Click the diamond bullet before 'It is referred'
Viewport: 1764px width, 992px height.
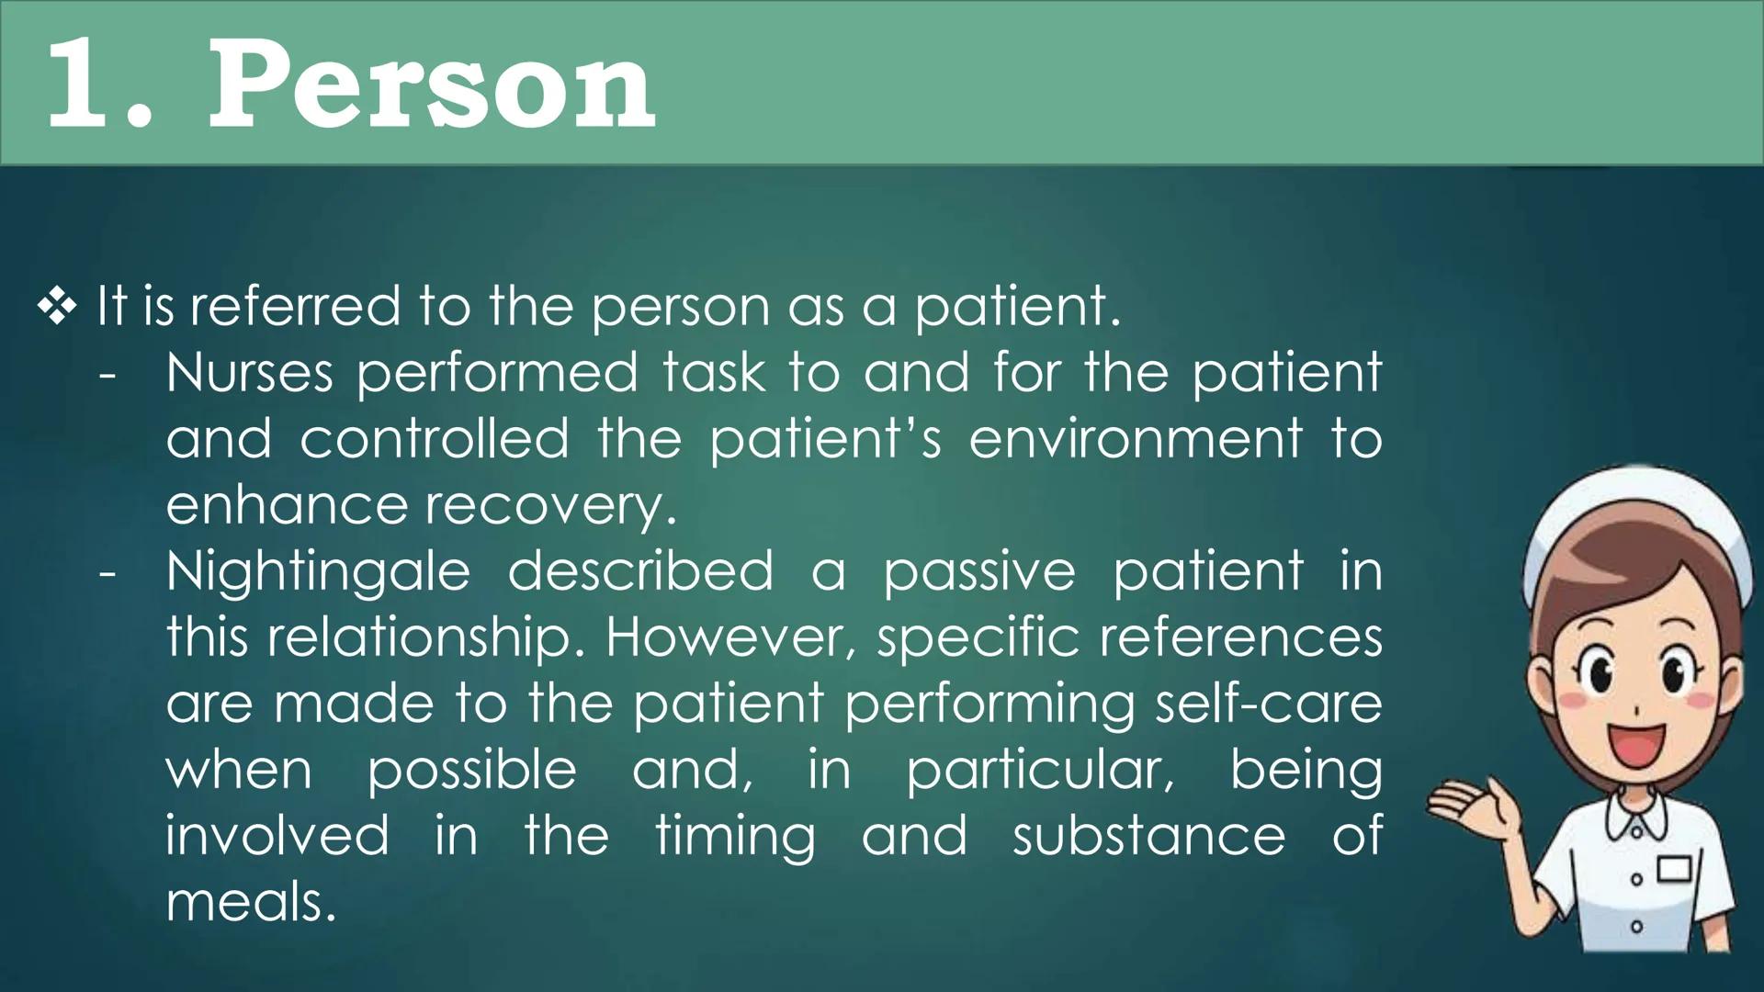point(57,307)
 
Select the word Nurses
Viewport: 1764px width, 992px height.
point(249,373)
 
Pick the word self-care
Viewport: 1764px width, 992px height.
point(1268,704)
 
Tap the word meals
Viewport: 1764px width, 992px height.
point(250,902)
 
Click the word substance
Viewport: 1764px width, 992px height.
point(1148,836)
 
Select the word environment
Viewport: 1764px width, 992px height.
point(1135,439)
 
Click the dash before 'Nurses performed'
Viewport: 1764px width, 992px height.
point(107,375)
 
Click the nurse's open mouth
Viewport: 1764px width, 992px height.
point(1636,744)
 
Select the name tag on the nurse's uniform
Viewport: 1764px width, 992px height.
point(1674,869)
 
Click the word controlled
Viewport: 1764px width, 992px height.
point(435,439)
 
